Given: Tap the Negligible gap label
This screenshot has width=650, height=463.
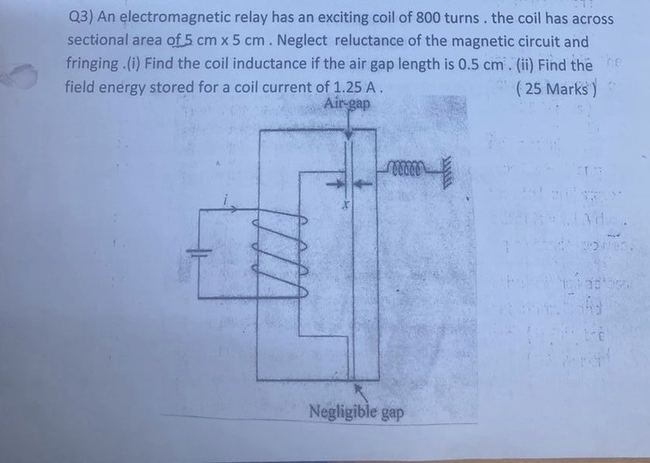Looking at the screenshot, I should pos(356,411).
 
